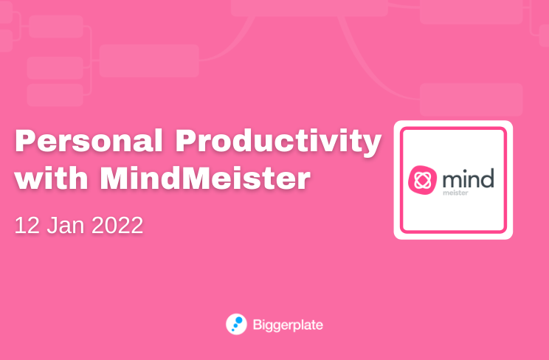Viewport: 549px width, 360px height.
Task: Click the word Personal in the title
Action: pos(89,140)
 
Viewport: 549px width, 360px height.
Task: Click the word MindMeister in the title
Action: pos(205,178)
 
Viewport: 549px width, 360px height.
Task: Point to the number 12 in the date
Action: pos(27,225)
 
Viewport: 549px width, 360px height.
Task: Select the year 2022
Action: pos(117,225)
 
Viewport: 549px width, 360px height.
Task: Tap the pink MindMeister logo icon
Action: pos(423,180)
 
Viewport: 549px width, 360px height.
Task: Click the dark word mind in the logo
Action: pos(468,179)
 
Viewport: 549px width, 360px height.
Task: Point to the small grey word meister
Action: pos(455,193)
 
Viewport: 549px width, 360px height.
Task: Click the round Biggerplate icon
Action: pos(236,325)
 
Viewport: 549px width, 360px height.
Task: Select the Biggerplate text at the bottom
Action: pos(288,325)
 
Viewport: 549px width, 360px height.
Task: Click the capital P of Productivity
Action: pos(186,140)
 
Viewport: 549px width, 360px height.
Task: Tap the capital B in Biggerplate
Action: pos(257,325)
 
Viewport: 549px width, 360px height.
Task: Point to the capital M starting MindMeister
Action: pos(114,178)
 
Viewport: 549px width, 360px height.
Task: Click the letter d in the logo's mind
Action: pos(487,179)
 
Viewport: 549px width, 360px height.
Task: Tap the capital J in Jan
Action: pos(52,225)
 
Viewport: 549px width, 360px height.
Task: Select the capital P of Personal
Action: pos(25,140)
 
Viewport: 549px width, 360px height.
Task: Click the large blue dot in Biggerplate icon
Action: pos(239,320)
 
